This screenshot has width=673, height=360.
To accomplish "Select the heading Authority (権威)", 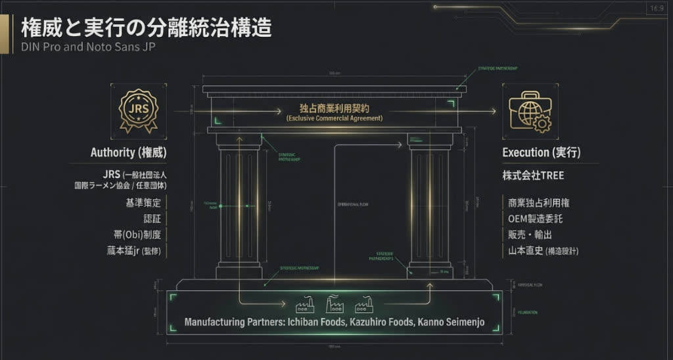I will pos(128,153).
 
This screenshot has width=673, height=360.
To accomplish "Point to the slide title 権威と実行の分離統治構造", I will pos(147,28).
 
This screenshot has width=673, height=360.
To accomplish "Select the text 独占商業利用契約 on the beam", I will pos(334,107).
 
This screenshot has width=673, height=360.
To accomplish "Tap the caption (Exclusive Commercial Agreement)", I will pos(334,118).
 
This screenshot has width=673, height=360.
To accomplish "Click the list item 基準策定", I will pos(143,202).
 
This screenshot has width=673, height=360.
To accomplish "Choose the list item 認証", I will pos(152,219).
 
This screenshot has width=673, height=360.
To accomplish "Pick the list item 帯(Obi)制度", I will pos(137,235).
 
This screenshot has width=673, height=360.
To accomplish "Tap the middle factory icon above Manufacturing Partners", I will pos(335,304).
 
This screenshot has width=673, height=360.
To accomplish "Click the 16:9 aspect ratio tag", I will pos(657,9).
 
